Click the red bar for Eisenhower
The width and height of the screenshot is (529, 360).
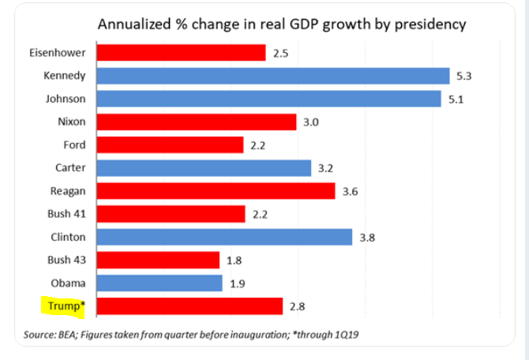pos(181,53)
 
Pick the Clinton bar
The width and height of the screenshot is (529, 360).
pos(224,237)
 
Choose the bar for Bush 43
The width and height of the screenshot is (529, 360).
pos(158,260)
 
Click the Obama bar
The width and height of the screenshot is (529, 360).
pos(159,283)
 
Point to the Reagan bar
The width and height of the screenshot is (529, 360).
pos(216,191)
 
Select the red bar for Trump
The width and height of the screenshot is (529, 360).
pos(189,306)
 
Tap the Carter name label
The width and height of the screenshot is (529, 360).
pos(69,168)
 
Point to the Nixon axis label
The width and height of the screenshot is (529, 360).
pos(71,122)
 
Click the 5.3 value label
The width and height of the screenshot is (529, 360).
pos(464,76)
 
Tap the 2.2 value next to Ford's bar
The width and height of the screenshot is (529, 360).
pos(257,145)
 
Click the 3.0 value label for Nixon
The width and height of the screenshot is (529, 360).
pos(310,122)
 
